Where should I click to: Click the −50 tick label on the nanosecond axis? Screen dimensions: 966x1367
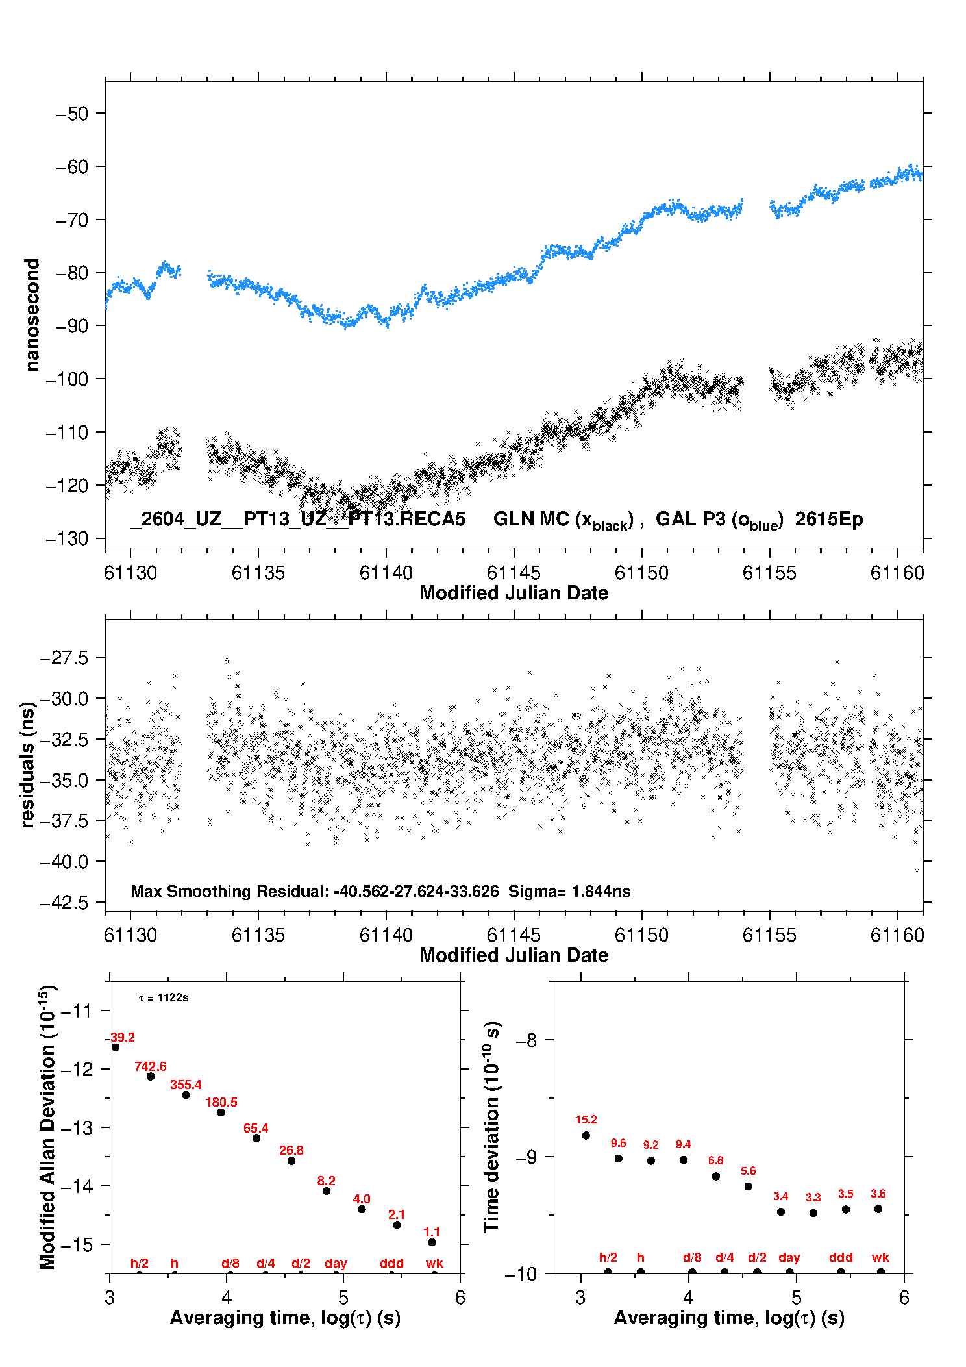point(72,114)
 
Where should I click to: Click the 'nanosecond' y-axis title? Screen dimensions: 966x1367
point(32,314)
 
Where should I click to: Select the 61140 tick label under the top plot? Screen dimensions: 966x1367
point(386,573)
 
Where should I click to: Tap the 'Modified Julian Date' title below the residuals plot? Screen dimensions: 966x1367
point(514,955)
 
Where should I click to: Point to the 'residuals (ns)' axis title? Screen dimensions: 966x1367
point(27,764)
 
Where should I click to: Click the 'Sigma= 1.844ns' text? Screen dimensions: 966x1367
point(569,892)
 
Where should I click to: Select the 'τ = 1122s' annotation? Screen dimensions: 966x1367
point(164,998)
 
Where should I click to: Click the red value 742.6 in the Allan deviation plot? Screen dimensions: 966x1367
point(151,1067)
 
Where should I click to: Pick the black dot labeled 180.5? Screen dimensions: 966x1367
point(221,1112)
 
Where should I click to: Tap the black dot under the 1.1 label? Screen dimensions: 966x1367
point(432,1242)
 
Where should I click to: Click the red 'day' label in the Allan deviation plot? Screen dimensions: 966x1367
point(336,1264)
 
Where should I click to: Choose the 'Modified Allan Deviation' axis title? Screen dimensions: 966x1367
point(48,1127)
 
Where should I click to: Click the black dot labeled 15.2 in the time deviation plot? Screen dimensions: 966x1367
point(586,1135)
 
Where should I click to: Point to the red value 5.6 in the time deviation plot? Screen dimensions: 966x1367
point(749,1171)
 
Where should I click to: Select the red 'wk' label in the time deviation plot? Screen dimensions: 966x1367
point(880,1258)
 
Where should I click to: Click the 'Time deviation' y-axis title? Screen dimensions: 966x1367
point(491,1127)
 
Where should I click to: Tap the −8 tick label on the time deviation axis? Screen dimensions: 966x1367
point(526,1040)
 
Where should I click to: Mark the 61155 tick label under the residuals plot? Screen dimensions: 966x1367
point(769,935)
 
